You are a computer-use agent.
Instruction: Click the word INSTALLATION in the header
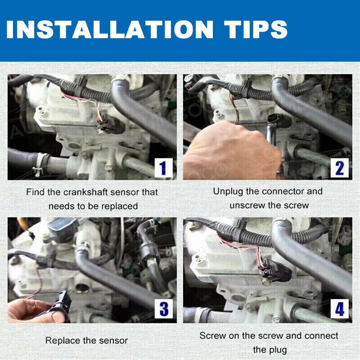[x=110, y=29]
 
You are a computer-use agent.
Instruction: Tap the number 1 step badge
[x=163, y=168]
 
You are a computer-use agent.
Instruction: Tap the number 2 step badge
[x=339, y=168]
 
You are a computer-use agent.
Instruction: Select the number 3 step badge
[x=164, y=309]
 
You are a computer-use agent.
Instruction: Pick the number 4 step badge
[x=340, y=309]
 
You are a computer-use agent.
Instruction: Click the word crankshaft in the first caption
[x=82, y=192]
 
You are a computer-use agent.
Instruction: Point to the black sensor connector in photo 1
[x=110, y=125]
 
